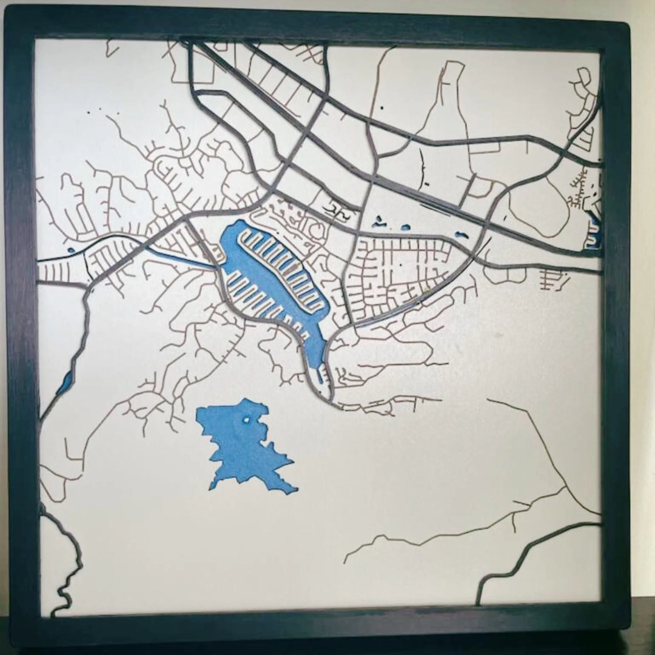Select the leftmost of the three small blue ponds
[381, 223]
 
